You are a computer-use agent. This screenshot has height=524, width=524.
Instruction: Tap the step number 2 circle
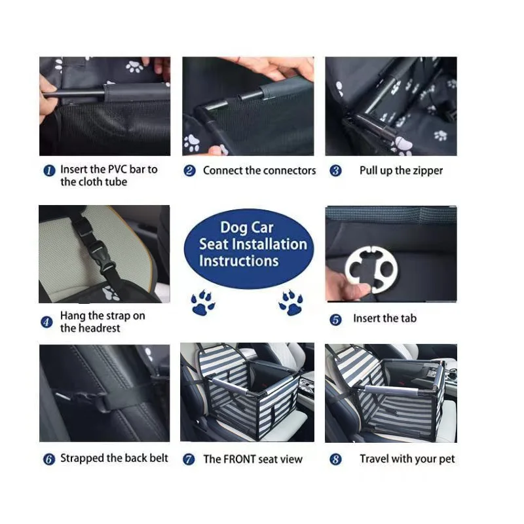pyautogui.click(x=189, y=171)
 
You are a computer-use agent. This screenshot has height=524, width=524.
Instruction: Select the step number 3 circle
pyautogui.click(x=335, y=171)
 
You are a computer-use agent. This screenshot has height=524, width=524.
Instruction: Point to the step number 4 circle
pyautogui.click(x=47, y=322)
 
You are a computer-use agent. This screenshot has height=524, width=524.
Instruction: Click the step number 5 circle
pyautogui.click(x=335, y=320)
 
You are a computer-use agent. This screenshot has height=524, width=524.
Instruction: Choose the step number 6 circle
pyautogui.click(x=48, y=459)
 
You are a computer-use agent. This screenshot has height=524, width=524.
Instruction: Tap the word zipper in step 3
pyautogui.click(x=427, y=171)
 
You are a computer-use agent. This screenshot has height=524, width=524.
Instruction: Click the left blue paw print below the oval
pyautogui.click(x=202, y=303)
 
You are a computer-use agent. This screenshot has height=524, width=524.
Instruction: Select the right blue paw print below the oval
pyautogui.click(x=290, y=303)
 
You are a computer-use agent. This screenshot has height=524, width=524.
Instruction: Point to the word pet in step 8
pyautogui.click(x=445, y=459)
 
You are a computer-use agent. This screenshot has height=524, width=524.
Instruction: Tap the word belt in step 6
pyautogui.click(x=158, y=458)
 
